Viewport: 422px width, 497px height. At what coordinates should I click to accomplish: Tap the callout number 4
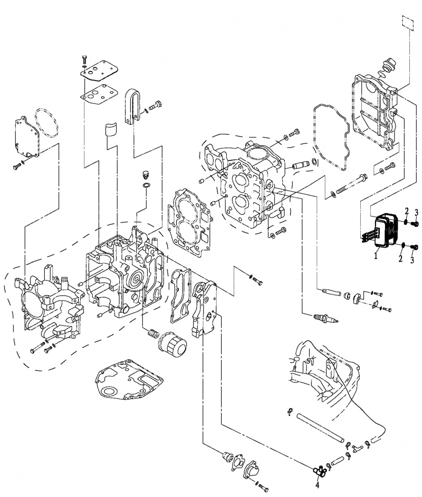click(317, 485)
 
